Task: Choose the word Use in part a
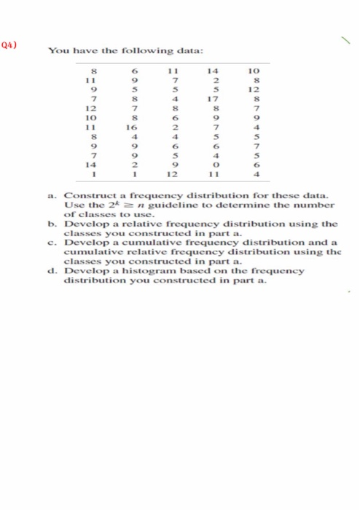point(74,205)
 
